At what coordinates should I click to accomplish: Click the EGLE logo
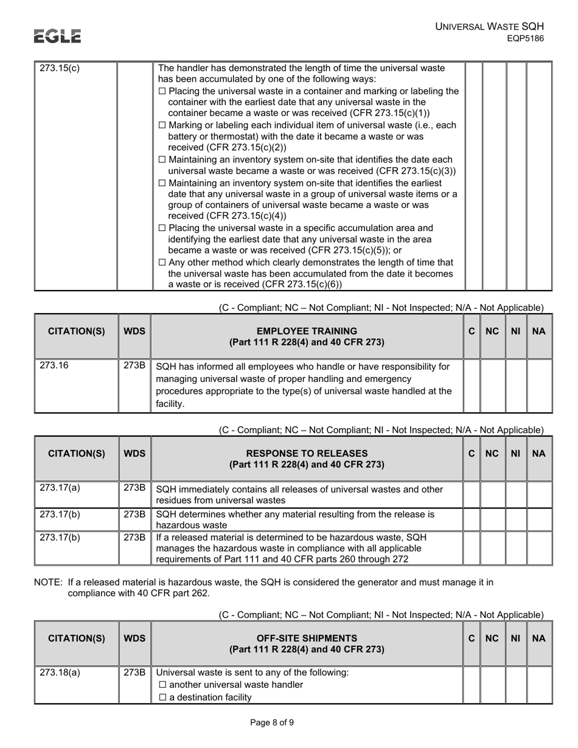[57, 36]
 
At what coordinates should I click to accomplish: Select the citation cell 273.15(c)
[60, 68]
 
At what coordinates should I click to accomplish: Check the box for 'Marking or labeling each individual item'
[162, 125]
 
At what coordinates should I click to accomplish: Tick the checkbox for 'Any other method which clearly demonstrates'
[162, 263]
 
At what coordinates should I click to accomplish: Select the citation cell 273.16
[54, 366]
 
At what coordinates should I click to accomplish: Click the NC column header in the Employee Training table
[493, 331]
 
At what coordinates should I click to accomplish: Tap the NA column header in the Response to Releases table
[538, 454]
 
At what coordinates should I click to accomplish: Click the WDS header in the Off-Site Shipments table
[134, 638]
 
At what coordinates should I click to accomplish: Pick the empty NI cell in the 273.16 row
[516, 386]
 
